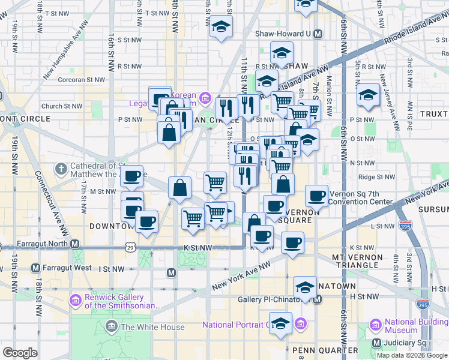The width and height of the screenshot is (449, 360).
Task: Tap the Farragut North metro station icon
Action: [75, 244]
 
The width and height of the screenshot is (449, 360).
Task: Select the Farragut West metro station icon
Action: [35, 268]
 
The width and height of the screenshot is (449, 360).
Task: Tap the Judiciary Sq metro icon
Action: [376, 343]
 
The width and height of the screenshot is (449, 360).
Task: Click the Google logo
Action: [20, 353]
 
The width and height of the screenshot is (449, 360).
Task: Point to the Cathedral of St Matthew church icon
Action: [61, 170]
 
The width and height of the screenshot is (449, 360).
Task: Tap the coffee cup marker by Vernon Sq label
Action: [316, 196]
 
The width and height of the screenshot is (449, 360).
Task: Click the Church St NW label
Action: [62, 106]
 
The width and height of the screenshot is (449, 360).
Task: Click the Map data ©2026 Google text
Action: [411, 355]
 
